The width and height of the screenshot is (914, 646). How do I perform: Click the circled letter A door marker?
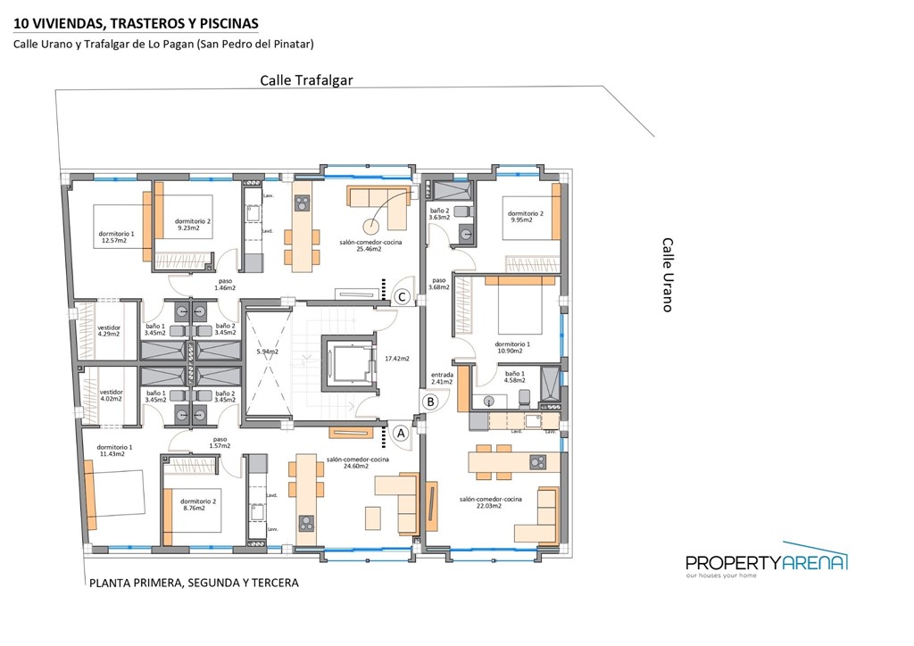click(x=401, y=433)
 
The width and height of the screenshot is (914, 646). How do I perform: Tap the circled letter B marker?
click(x=430, y=402)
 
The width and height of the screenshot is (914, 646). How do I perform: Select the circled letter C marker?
click(x=403, y=296)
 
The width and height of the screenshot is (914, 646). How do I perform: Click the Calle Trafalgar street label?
click(x=306, y=79)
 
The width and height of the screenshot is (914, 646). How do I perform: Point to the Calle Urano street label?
click(x=667, y=274)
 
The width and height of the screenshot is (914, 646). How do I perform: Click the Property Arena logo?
click(x=766, y=562)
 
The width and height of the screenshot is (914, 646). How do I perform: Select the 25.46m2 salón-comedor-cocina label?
click(x=360, y=246)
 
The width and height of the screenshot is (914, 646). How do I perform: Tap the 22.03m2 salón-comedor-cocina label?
click(x=480, y=502)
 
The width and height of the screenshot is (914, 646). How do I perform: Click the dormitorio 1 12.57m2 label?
click(x=116, y=237)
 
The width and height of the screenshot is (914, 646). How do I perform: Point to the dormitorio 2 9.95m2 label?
click(x=526, y=217)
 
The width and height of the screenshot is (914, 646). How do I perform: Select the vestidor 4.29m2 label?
click(x=109, y=331)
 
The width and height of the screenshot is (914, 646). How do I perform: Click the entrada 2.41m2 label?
click(x=442, y=378)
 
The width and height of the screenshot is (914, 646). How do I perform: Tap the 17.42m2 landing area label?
click(x=396, y=359)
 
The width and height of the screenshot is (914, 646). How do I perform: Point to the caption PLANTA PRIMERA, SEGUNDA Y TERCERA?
click(x=194, y=583)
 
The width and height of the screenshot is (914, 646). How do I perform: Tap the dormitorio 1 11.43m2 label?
click(x=115, y=451)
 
